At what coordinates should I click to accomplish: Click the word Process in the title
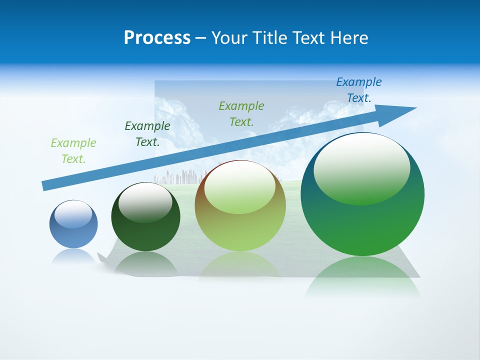tap(157, 38)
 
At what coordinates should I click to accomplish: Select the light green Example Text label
tap(73, 151)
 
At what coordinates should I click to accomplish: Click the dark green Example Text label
tap(147, 134)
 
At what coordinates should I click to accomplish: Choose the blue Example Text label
tap(359, 90)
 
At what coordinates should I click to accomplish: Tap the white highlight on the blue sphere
tap(73, 214)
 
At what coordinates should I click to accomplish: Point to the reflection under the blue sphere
tap(73, 256)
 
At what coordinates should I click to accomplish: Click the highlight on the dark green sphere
tap(145, 202)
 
